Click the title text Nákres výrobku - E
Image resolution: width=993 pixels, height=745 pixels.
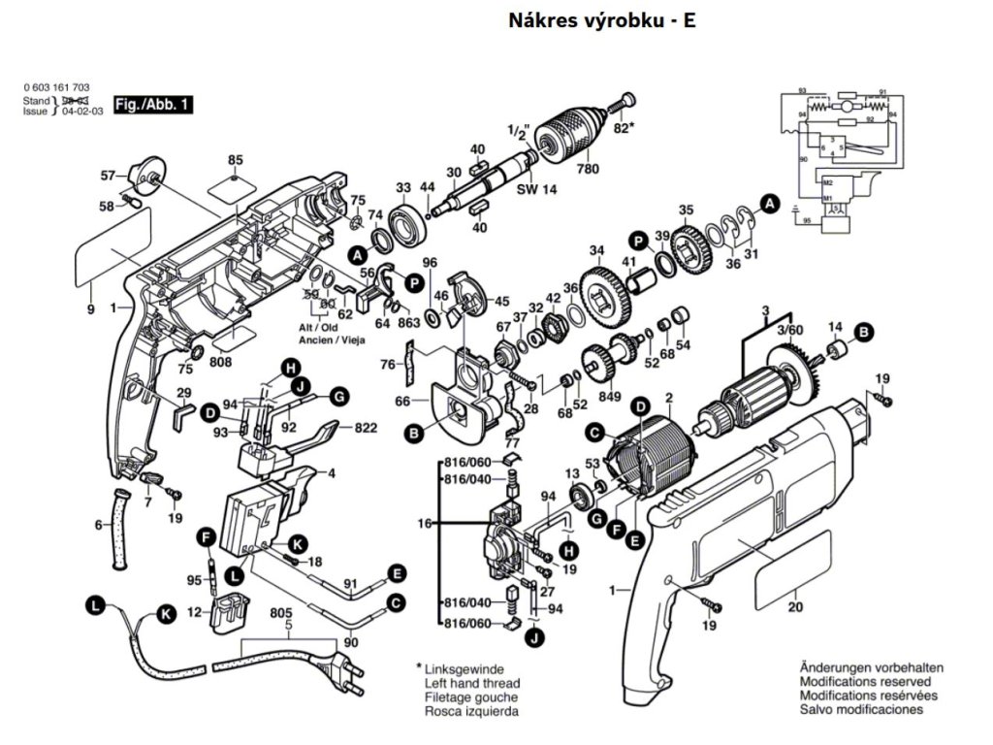coord(601,20)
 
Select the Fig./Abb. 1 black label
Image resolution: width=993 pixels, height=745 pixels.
coord(153,104)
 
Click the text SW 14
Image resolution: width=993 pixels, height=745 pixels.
coord(535,190)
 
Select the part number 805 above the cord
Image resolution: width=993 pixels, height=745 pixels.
coord(281,613)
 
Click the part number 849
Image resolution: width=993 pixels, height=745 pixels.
coord(608,395)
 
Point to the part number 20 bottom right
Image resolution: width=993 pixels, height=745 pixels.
coord(796,608)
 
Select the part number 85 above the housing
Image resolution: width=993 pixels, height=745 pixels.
coord(235,160)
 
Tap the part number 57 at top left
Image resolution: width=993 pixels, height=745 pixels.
coord(110,176)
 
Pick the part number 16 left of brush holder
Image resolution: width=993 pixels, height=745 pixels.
coord(424,523)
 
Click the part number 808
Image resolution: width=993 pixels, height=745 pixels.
coord(221,363)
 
